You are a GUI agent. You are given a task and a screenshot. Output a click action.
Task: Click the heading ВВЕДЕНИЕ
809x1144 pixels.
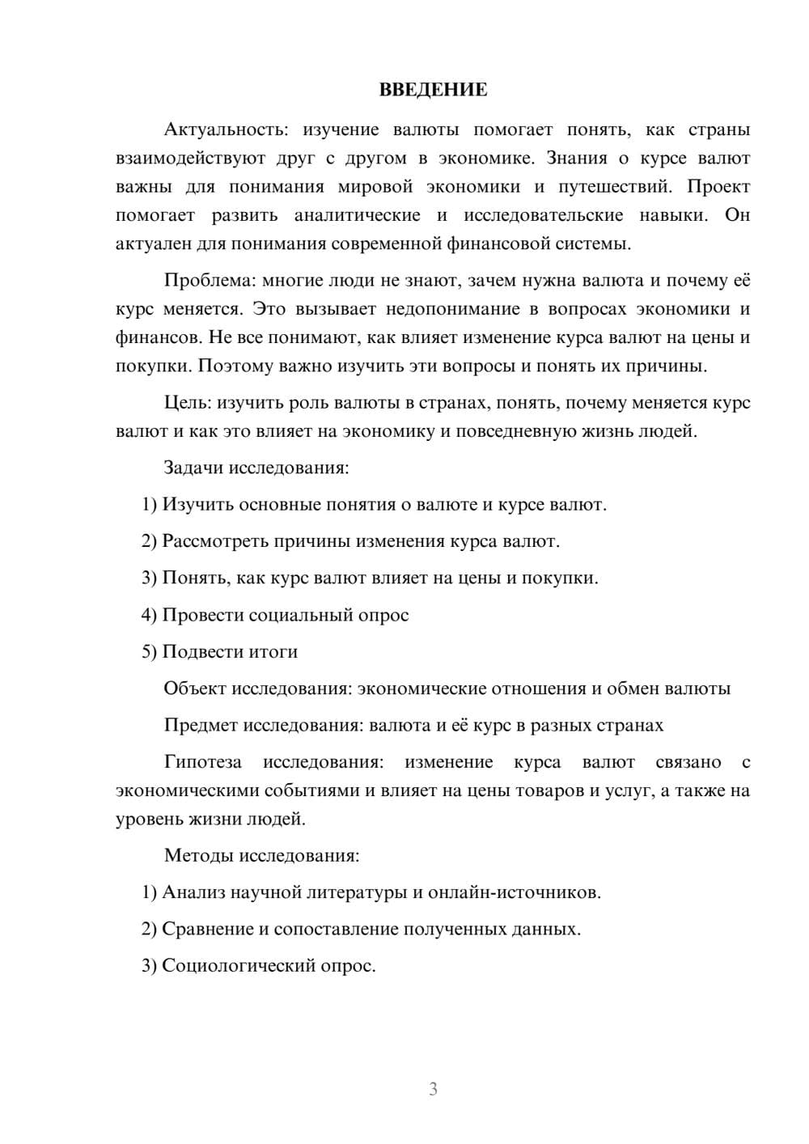click(x=433, y=90)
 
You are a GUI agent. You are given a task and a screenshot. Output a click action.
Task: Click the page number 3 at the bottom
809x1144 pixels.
click(x=433, y=1089)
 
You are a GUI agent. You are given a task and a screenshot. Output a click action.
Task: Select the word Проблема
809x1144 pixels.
click(x=209, y=281)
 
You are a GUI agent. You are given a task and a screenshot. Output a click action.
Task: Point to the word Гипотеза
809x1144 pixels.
click(x=203, y=762)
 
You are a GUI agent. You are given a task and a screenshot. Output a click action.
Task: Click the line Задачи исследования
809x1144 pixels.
click(x=256, y=468)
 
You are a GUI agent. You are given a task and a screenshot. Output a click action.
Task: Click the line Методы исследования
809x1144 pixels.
click(x=261, y=855)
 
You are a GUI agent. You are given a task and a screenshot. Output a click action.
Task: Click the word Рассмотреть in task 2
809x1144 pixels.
click(x=216, y=541)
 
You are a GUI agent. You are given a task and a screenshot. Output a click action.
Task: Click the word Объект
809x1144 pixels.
click(x=195, y=689)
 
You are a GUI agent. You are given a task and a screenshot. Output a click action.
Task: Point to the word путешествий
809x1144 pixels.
click(x=614, y=187)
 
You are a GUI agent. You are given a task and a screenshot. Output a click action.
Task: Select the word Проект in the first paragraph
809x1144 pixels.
click(x=718, y=187)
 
